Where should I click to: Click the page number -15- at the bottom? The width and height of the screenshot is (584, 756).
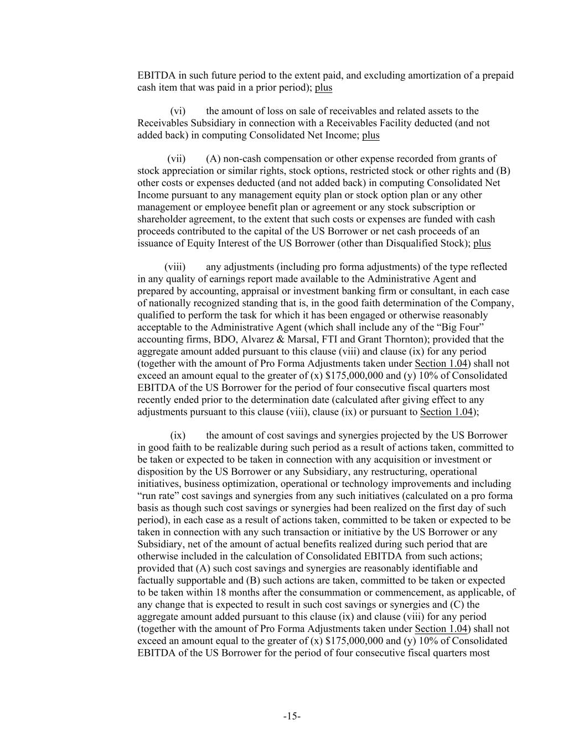292,716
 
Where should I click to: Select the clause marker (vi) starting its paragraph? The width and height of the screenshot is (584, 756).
178,111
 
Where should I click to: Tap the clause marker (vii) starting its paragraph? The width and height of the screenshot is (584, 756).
177,159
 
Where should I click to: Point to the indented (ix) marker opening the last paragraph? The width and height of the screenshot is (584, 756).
178,436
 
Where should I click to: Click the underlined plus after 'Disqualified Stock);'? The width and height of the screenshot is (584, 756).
482,244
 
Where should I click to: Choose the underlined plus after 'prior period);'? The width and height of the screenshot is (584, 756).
324,88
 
